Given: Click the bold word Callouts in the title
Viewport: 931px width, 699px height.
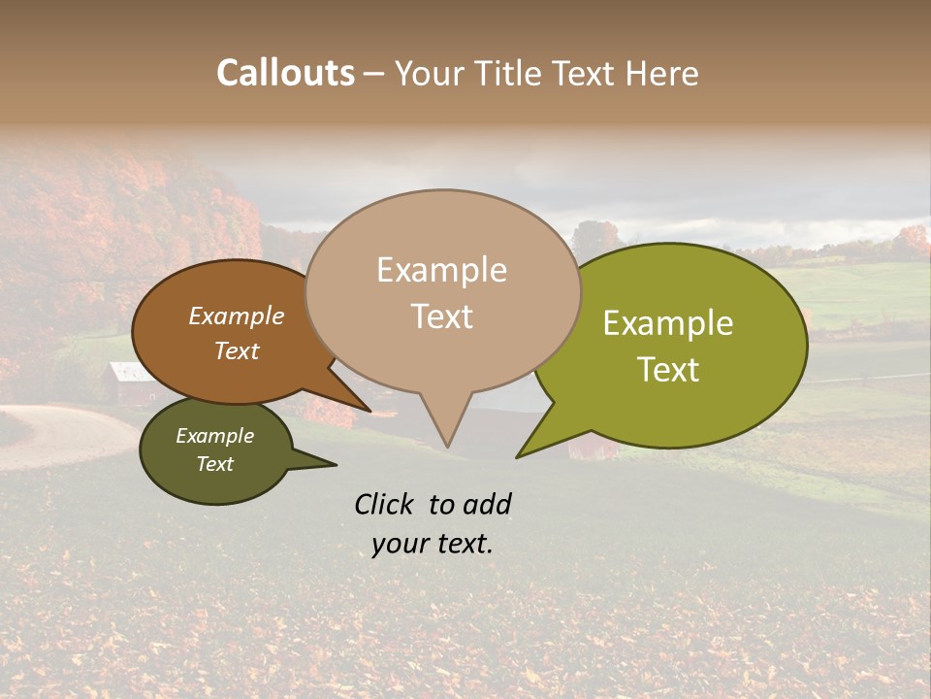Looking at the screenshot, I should pyautogui.click(x=285, y=73).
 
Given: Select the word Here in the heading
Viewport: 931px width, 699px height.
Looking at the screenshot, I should pyautogui.click(x=661, y=73).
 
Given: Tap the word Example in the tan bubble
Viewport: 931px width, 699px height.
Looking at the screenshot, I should pyautogui.click(x=441, y=270).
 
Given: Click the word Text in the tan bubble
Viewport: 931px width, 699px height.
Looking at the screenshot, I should pyautogui.click(x=441, y=316).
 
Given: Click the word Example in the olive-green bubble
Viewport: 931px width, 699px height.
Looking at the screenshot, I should pyautogui.click(x=668, y=323).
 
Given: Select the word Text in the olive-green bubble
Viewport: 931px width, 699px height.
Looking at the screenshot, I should pyautogui.click(x=668, y=369).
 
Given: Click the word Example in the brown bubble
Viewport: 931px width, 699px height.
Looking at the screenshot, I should pyautogui.click(x=236, y=316).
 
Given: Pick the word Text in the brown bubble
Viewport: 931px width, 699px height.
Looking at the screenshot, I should pyautogui.click(x=236, y=350).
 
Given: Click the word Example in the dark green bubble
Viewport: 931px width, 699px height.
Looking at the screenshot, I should pyautogui.click(x=214, y=436).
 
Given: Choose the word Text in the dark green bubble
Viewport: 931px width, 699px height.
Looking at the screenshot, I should pyautogui.click(x=214, y=464).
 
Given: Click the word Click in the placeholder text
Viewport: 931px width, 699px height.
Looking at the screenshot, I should pyautogui.click(x=384, y=504).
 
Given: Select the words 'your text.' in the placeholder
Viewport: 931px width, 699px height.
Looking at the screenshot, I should pyautogui.click(x=433, y=544).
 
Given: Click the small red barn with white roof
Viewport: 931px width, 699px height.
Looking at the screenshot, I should pyautogui.click(x=130, y=383).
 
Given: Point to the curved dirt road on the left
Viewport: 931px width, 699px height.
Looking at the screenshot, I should pyautogui.click(x=58, y=437).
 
